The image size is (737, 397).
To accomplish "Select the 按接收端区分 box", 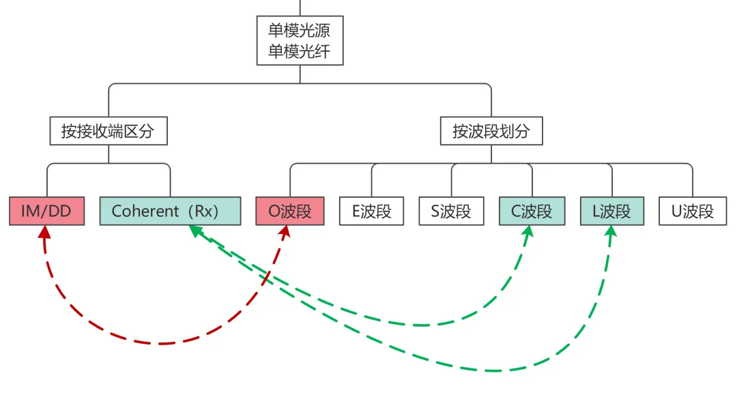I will (x=109, y=131).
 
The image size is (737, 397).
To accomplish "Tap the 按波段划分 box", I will (x=491, y=131).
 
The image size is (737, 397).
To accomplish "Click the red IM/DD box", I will (x=46, y=211).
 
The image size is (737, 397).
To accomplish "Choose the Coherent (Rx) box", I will (x=170, y=211).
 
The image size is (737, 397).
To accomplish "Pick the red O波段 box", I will (x=290, y=211).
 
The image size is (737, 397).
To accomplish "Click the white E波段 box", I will (x=371, y=211).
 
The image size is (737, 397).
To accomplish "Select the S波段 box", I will (x=451, y=211).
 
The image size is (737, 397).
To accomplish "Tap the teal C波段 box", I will (x=532, y=211).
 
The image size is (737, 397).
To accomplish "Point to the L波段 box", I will (x=612, y=211).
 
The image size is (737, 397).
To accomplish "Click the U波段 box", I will (x=693, y=211).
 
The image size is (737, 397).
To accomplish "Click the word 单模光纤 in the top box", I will (x=300, y=52).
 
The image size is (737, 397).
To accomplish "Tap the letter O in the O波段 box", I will (x=274, y=211).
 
